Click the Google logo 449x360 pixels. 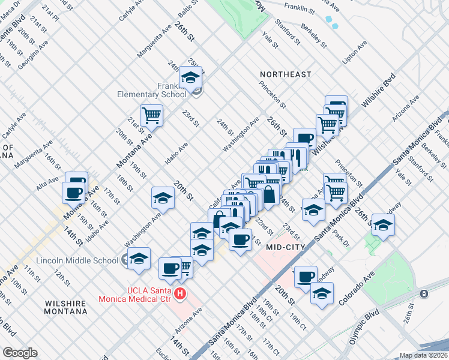[x=20, y=353]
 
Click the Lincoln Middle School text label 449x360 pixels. [x=77, y=260]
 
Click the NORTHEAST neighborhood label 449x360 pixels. [x=286, y=74]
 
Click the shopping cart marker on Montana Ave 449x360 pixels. [x=151, y=115]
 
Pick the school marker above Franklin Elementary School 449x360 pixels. [x=191, y=77]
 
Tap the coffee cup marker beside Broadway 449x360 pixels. [x=306, y=276]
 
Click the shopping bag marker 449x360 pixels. [x=270, y=194]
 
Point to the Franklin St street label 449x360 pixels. [x=300, y=10]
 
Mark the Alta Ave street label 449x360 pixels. [x=47, y=183]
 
